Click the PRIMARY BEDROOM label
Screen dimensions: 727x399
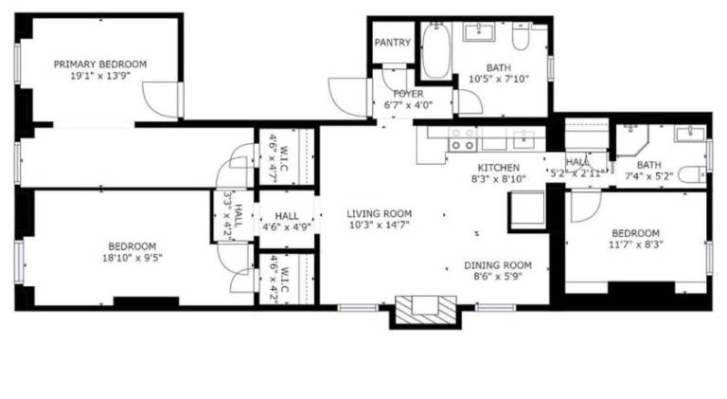coord(100,64)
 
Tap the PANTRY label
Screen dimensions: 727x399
coord(392,43)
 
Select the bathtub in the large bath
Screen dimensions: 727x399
coord(435,51)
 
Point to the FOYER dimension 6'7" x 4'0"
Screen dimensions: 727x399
coord(408,105)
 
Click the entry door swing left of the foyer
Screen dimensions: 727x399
coord(347,97)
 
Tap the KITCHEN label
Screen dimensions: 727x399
coord(499,168)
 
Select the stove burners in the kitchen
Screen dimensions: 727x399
coord(463,139)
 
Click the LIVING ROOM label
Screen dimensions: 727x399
coord(380,214)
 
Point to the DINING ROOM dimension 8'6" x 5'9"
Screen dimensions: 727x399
coord(498,277)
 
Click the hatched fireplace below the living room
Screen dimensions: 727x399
coord(426,310)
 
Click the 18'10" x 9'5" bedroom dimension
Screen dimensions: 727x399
coord(133,258)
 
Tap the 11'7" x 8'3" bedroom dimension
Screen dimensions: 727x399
coord(635,244)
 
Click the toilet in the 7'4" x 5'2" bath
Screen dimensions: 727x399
coord(692,175)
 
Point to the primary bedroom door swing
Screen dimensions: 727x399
coord(160,100)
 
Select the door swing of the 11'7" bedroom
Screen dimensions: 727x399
coord(586,206)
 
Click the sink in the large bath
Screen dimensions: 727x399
coord(478,31)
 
